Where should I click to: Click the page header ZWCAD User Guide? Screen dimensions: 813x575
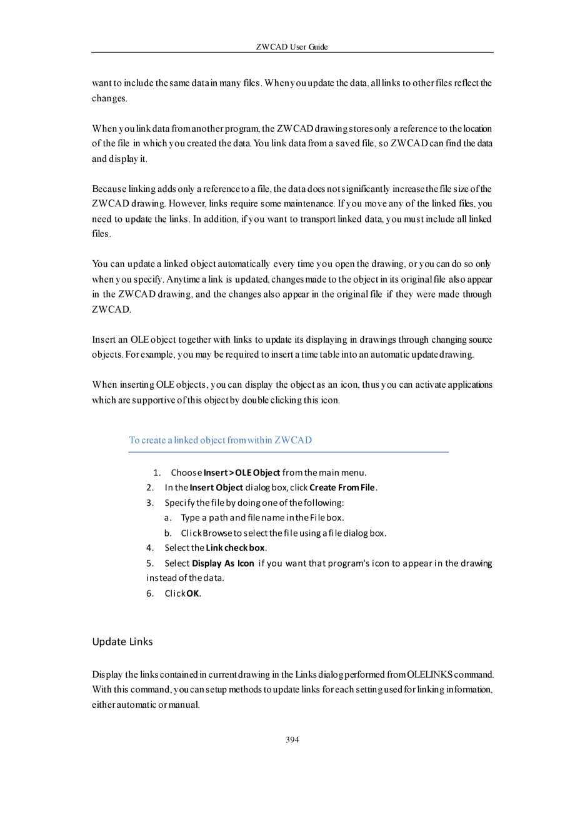click(292, 47)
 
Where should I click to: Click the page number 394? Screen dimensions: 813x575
click(292, 740)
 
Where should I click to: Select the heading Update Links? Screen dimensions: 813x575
click(122, 642)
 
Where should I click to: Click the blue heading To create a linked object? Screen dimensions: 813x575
click(220, 440)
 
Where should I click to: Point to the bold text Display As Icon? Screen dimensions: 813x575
click(222, 563)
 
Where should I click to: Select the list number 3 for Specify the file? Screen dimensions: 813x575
click(149, 503)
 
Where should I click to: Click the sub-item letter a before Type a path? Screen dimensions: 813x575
click(167, 518)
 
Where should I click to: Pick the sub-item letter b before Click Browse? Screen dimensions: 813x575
click(167, 533)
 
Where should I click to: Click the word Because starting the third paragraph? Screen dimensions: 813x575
click(109, 189)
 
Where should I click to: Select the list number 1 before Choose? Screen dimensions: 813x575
click(156, 472)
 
